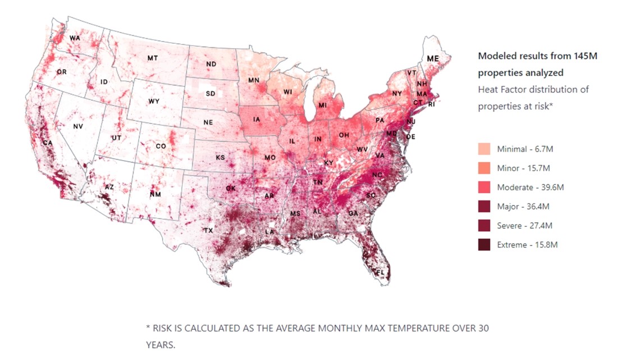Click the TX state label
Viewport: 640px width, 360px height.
point(208,231)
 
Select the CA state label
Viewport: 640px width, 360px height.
point(48,143)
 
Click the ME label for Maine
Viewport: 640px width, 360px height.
point(432,58)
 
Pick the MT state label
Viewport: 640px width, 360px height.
point(152,58)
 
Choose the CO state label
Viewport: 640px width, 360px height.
point(161,147)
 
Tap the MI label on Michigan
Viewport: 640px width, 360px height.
point(323,105)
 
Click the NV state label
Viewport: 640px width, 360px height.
point(78,126)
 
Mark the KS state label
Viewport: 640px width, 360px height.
point(221,157)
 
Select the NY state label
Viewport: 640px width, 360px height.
point(397,93)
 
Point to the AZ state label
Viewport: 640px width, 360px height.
point(109,187)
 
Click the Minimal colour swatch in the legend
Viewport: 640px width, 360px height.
point(484,149)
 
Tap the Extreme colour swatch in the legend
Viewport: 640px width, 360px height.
point(484,244)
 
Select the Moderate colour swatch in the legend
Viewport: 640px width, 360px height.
point(484,187)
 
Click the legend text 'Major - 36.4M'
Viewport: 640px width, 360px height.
point(523,207)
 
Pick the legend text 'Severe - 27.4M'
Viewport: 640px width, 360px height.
point(524,226)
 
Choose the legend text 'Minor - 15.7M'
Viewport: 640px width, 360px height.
point(523,168)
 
